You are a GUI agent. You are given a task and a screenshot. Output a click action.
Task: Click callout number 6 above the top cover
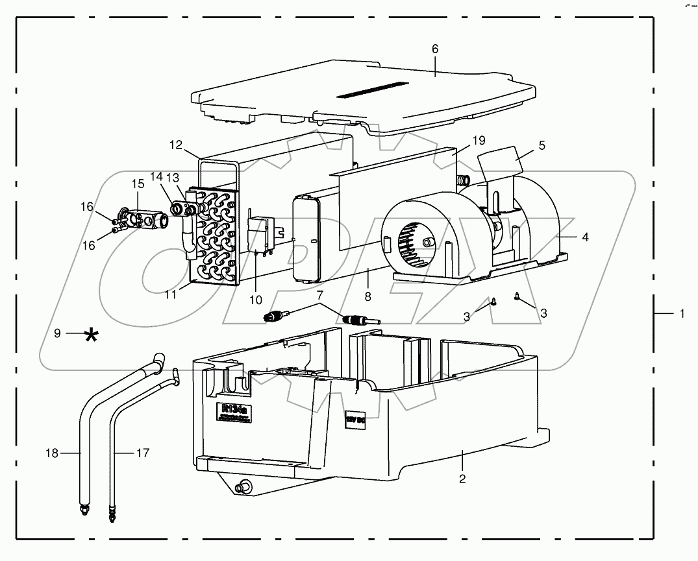[x=435, y=49]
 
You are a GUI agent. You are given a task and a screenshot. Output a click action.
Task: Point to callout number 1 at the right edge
[x=682, y=313]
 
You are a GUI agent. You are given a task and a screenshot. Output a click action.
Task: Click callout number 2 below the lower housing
[x=462, y=479]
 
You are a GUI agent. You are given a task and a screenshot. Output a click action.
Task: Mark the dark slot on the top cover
[x=372, y=90]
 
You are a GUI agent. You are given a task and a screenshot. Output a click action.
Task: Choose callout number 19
[x=479, y=140]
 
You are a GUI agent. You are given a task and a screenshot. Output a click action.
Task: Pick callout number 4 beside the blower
[x=585, y=237]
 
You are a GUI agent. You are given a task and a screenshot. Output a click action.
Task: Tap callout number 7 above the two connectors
[x=319, y=296]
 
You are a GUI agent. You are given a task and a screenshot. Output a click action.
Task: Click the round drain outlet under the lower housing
[x=246, y=486]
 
